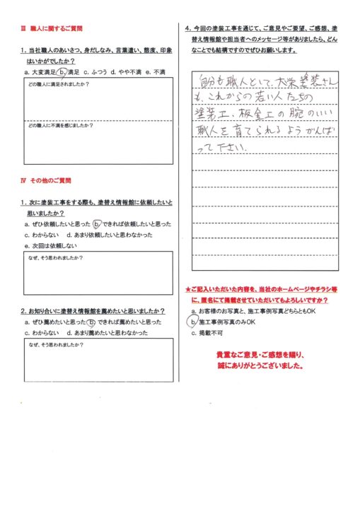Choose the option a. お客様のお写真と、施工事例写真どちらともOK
252,311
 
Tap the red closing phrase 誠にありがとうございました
261,368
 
